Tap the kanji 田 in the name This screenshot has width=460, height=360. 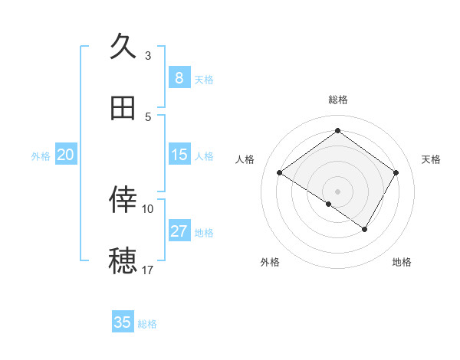[123, 109]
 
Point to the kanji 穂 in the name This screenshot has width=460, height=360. [123, 261]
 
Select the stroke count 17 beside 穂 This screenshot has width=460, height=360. [148, 270]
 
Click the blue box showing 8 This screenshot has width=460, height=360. [179, 78]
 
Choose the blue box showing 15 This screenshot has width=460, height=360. [179, 155]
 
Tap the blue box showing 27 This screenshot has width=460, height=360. [179, 231]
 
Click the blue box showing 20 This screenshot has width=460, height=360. [66, 155]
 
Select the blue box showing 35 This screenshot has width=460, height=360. [123, 322]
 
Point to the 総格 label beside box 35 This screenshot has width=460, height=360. [147, 324]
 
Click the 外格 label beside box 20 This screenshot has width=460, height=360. [41, 156]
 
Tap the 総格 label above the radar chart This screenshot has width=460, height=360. [337, 100]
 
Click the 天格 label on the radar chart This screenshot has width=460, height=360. [432, 159]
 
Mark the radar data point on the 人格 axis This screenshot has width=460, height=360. [280, 173]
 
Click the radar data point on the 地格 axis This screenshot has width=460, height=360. [365, 229]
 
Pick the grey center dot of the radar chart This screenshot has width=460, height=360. [337, 191]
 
